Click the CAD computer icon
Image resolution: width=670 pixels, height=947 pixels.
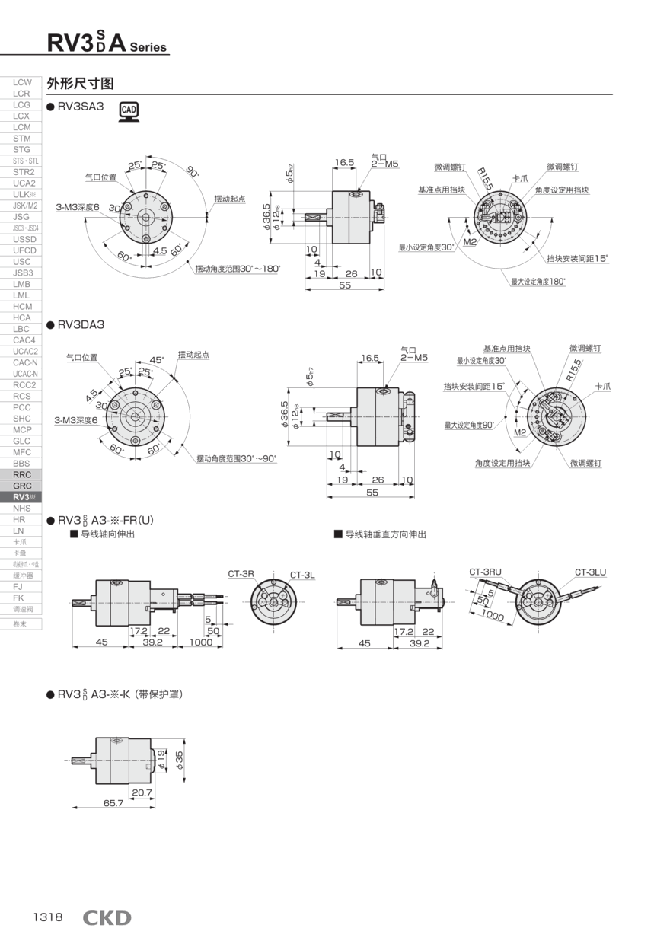click(129, 111)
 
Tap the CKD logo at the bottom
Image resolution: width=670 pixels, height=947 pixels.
click(107, 917)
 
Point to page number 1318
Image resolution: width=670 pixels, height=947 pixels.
click(48, 917)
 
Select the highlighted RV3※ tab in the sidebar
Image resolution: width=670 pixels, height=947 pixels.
click(22, 497)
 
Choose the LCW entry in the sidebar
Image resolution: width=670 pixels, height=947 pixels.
click(22, 82)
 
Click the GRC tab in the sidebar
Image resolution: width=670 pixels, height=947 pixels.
click(22, 486)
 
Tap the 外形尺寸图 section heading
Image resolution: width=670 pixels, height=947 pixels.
click(80, 82)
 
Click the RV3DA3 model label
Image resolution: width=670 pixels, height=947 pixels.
click(81, 325)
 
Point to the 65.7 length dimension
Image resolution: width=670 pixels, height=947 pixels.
click(113, 802)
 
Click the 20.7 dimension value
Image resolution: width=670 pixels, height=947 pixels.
click(142, 792)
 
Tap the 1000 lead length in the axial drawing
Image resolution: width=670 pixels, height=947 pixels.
click(201, 642)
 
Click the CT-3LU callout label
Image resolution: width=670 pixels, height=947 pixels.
click(590, 572)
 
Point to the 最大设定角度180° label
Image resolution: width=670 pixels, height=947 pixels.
click(538, 282)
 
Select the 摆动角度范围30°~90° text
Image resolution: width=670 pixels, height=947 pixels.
click(236, 458)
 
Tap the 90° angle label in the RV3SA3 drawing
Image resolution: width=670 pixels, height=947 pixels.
click(193, 172)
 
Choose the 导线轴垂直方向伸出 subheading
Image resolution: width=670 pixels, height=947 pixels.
click(385, 534)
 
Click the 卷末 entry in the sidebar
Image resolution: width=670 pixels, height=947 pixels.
click(22, 623)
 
